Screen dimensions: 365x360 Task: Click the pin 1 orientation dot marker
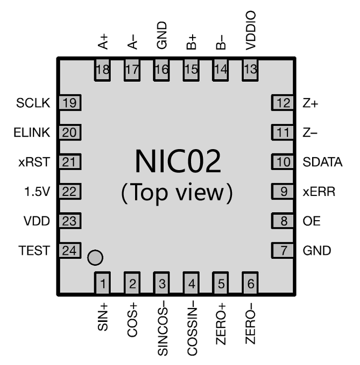point(95,258)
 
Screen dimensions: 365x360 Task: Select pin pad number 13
point(250,69)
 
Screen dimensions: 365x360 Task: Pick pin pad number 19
point(68,103)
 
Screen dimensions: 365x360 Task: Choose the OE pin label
point(310,221)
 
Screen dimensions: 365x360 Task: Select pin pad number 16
point(163,69)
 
